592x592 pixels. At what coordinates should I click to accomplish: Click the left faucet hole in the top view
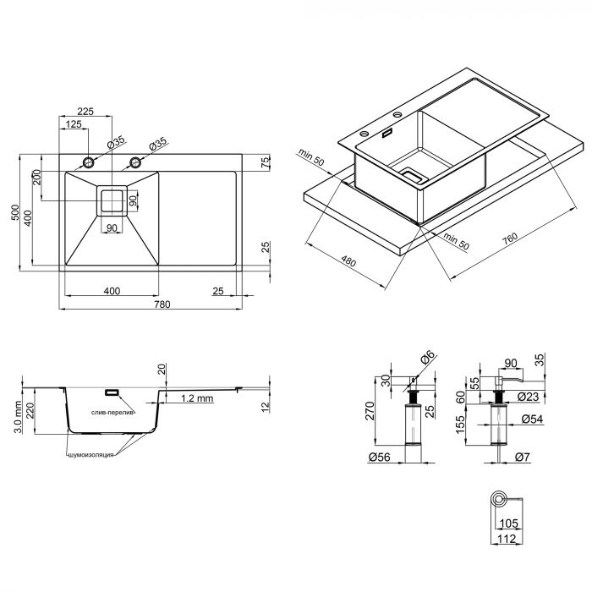tap(88, 162)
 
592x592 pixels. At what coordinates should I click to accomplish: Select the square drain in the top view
tap(112, 200)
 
